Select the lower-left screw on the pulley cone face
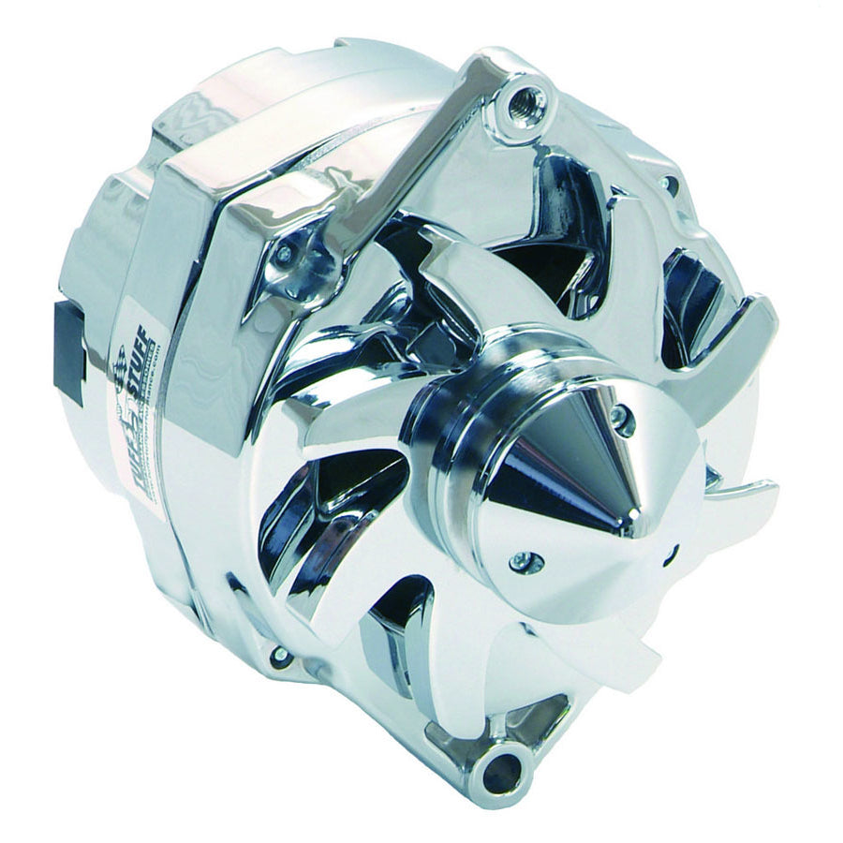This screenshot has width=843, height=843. [x=518, y=562]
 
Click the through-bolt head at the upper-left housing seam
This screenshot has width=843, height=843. [x=283, y=254]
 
